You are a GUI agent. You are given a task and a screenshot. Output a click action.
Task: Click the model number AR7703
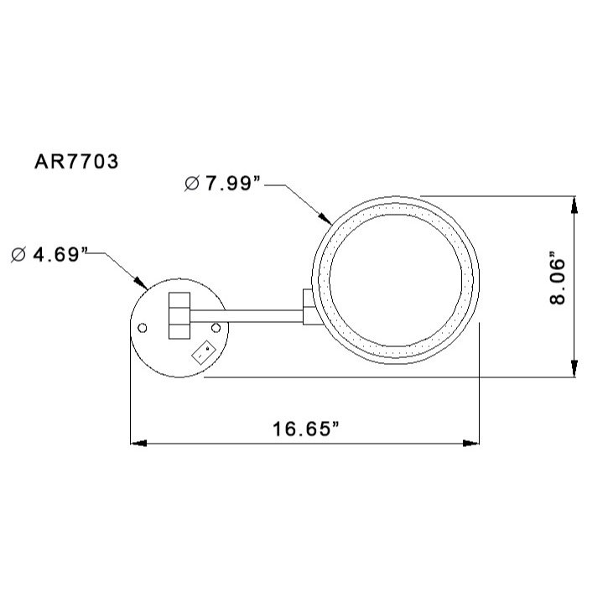pyautogui.click(x=76, y=161)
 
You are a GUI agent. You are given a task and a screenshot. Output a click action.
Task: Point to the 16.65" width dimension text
pyautogui.click(x=306, y=429)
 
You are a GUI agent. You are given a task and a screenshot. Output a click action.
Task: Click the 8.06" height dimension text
pyautogui.click(x=558, y=278)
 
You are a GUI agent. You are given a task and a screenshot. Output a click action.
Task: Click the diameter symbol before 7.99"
pyautogui.click(x=192, y=183)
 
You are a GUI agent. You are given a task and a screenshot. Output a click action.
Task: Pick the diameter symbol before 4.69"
pyautogui.click(x=18, y=255)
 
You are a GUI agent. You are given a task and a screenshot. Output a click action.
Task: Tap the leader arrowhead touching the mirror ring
pyautogui.click(x=325, y=218)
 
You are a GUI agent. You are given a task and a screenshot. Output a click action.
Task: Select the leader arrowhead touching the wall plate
pyautogui.click(x=141, y=283)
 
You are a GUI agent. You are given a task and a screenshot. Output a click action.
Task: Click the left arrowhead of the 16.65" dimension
pyautogui.click(x=138, y=443)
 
